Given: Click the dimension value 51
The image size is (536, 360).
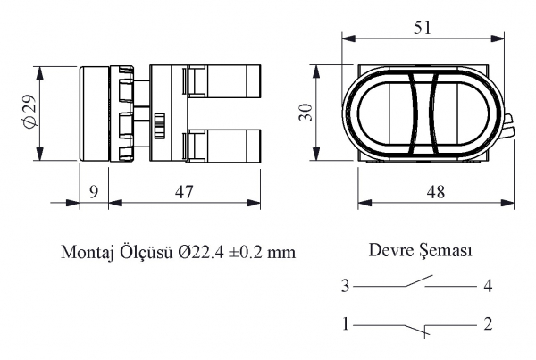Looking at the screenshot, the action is click(423, 28).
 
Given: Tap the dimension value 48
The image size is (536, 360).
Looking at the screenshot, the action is click(436, 192).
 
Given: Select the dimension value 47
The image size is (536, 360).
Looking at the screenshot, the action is click(184, 192).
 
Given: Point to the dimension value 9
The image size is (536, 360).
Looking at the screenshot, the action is click(93, 192).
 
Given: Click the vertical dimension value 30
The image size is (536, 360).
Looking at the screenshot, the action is click(306, 113).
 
